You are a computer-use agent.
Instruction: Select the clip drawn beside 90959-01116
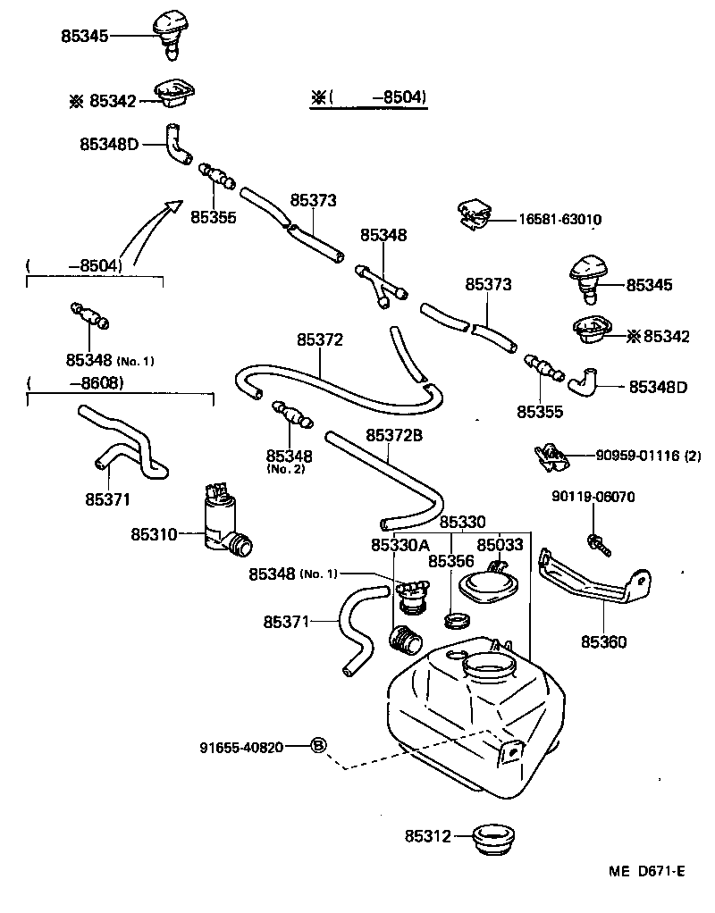click(549, 456)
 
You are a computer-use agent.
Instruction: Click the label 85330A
click(400, 545)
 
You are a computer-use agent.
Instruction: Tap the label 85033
click(501, 545)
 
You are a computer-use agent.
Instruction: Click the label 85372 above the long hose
click(320, 340)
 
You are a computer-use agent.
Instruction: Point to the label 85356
click(450, 561)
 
